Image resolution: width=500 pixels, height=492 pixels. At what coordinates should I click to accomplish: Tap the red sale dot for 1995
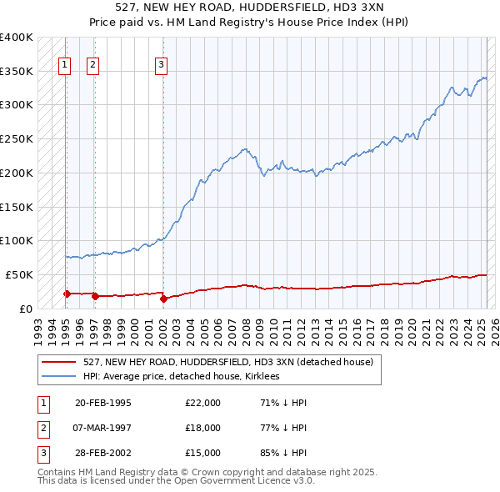tap(67, 294)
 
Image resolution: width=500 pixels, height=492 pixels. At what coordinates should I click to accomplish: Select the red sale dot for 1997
tap(95, 296)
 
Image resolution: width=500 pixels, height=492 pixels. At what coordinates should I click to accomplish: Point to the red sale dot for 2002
tap(163, 299)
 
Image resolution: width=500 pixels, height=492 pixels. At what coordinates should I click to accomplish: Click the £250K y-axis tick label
tap(17, 138)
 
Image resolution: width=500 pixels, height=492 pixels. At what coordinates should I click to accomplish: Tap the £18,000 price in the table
tap(203, 428)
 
